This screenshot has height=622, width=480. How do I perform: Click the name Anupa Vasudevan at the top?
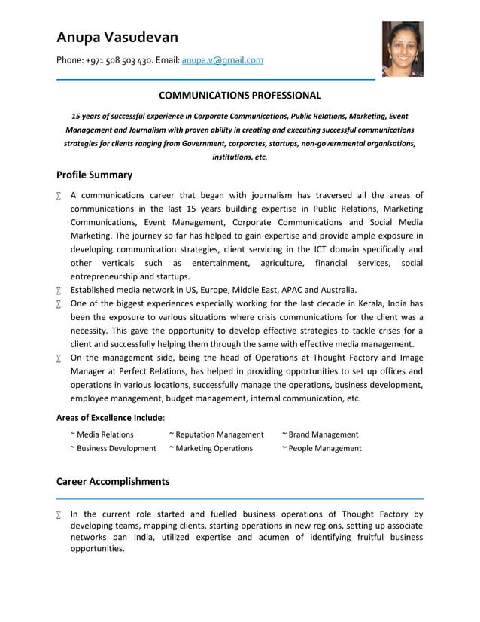[117, 37]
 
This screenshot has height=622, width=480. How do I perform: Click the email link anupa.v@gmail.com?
[223, 60]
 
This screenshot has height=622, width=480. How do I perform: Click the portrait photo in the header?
[403, 49]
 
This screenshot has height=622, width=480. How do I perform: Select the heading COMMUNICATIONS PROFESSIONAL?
[239, 96]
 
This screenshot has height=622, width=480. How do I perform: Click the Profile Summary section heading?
[94, 175]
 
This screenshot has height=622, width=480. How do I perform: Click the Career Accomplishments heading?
[113, 481]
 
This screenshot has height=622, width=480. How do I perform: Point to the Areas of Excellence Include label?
[110, 416]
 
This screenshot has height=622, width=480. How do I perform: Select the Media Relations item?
[102, 434]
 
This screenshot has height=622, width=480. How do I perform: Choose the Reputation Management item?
[217, 434]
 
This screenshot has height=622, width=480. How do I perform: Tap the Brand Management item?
[321, 434]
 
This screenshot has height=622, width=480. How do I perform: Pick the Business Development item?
[114, 448]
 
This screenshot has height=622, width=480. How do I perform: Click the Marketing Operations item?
[211, 448]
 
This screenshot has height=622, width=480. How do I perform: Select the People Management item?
[322, 448]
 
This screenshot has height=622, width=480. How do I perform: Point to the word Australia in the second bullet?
[337, 289]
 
